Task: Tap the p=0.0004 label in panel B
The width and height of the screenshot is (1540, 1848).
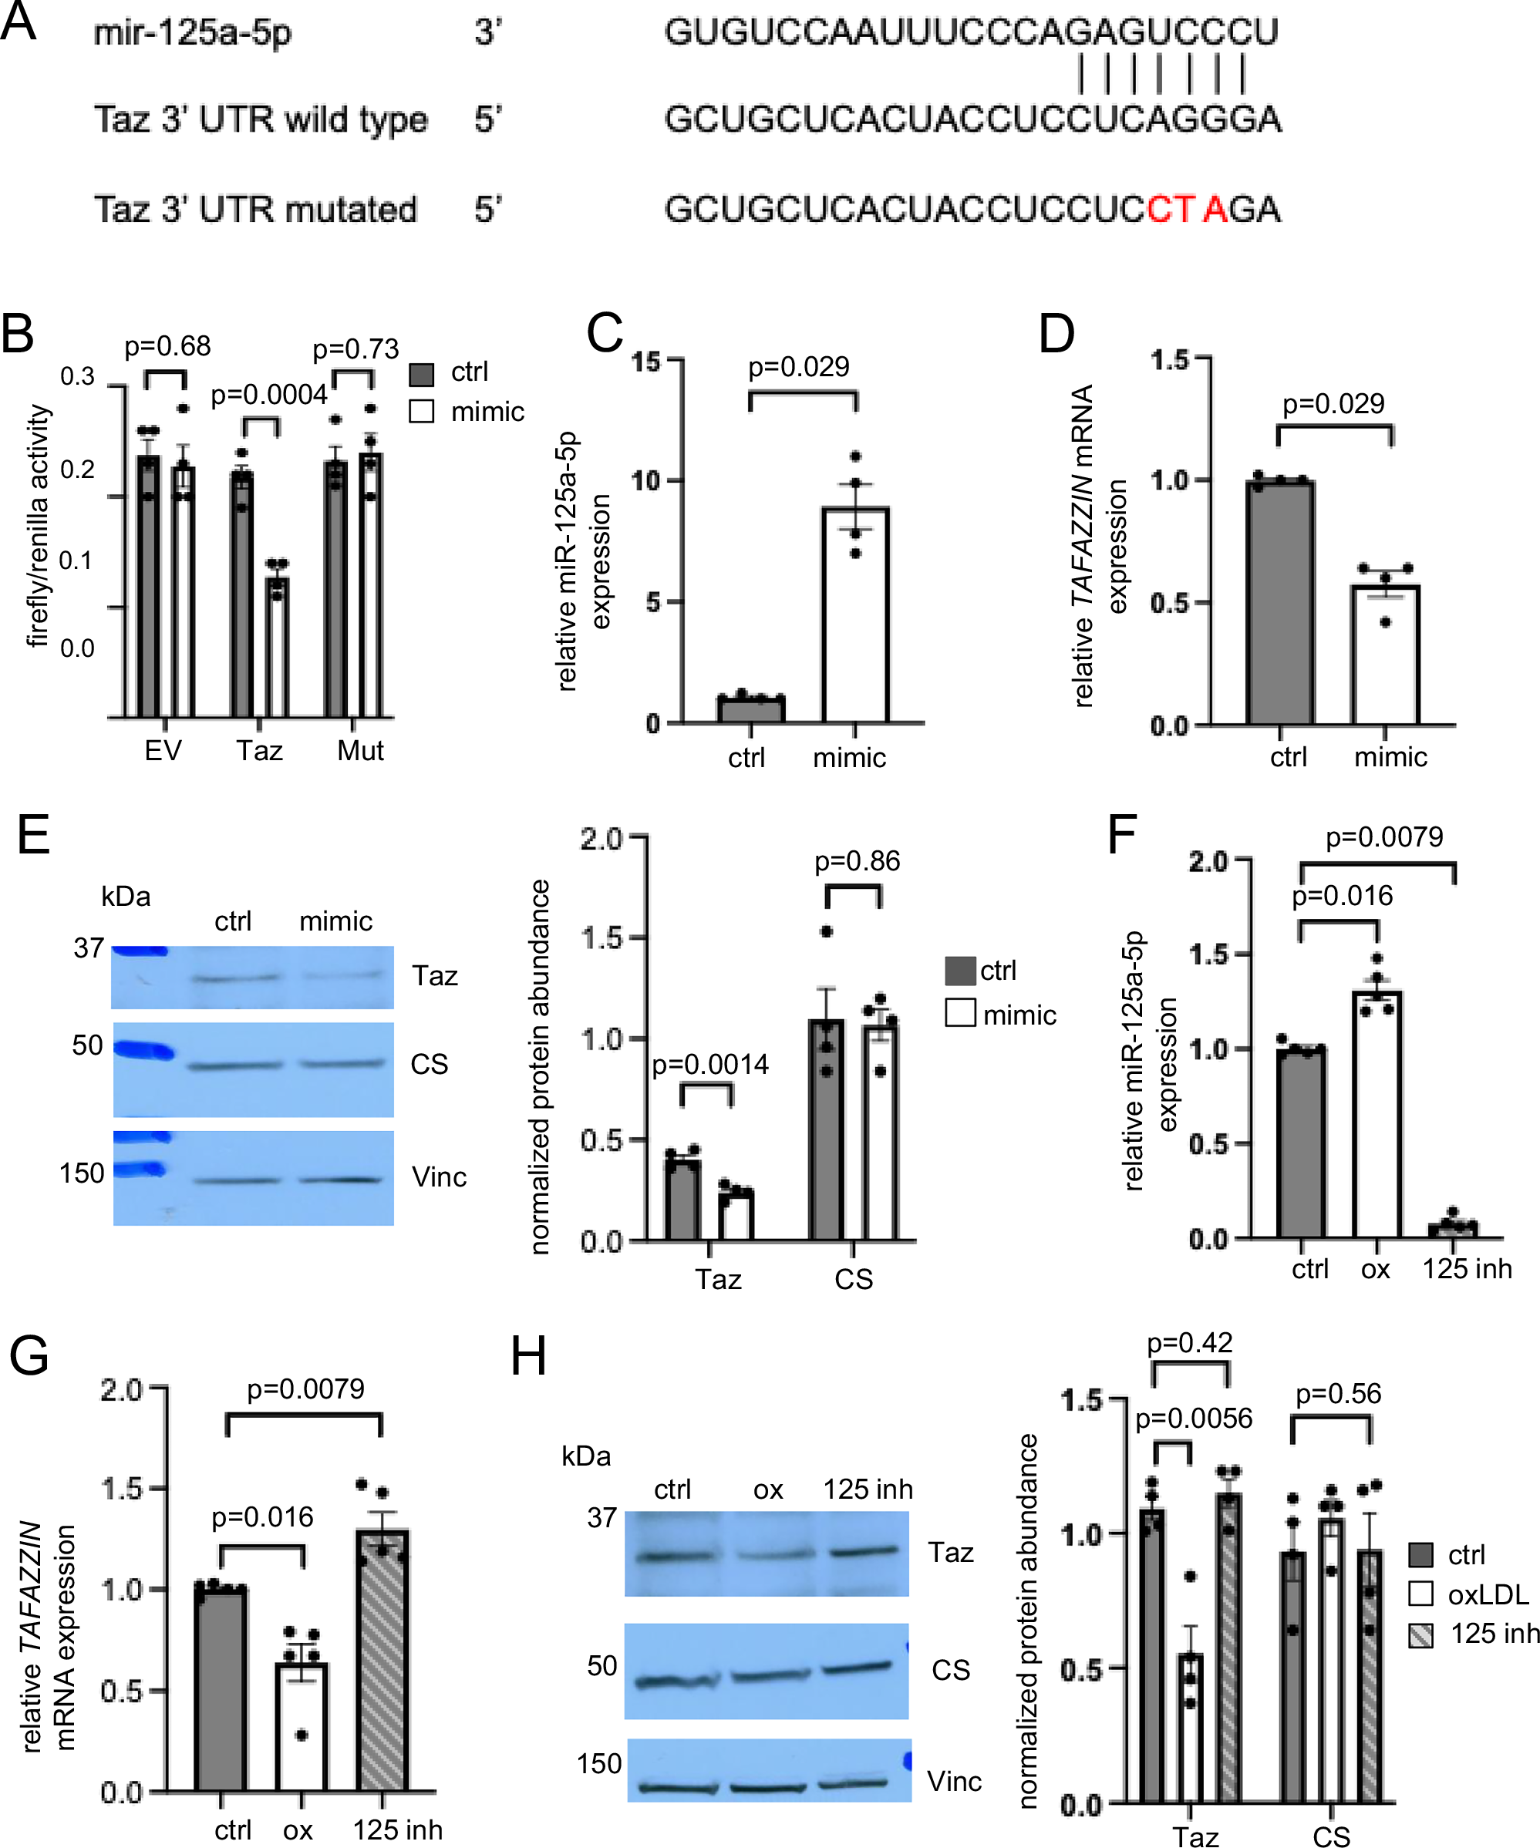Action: (268, 396)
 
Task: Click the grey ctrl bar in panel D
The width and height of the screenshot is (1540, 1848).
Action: (1279, 603)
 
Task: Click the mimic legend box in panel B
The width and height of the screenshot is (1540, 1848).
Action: (422, 412)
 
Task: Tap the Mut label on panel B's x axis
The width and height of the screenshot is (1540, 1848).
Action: (360, 751)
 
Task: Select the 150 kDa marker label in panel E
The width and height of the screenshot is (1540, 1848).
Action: (82, 1173)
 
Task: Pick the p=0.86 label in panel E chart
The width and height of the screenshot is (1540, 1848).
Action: (856, 860)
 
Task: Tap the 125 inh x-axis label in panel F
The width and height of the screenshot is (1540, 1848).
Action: (1467, 1269)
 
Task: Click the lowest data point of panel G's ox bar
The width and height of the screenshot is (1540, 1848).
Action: (302, 1735)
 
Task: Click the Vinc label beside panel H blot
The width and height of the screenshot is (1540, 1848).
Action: (954, 1782)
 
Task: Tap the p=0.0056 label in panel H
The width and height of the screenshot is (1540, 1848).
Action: (1193, 1419)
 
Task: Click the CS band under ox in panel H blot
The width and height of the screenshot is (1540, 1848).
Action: (767, 1675)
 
